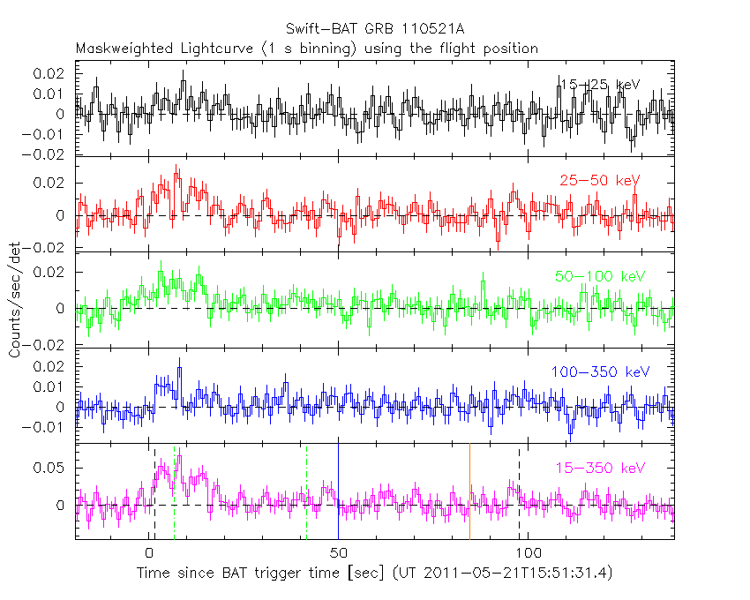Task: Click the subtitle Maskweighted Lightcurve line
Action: click(x=307, y=49)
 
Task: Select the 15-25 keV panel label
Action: click(x=599, y=85)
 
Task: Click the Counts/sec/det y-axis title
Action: click(x=15, y=300)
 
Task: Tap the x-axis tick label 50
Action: click(x=338, y=554)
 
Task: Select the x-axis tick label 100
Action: click(x=528, y=554)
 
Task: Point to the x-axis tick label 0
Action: click(x=149, y=554)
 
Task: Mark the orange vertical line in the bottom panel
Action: click(x=469, y=491)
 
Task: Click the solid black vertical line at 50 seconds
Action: click(x=338, y=491)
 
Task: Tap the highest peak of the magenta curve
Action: click(x=179, y=456)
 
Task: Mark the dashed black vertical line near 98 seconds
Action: click(x=519, y=491)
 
